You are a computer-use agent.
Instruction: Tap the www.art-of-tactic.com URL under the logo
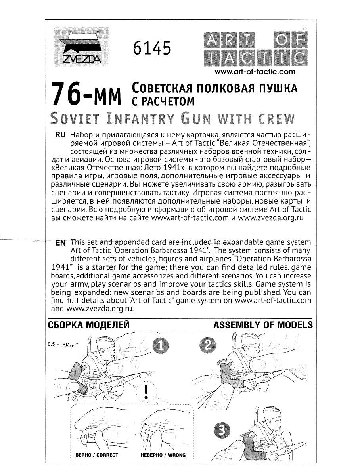pos(255,72)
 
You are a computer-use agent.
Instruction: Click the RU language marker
pos(60,135)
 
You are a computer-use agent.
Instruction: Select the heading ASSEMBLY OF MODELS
pos(262,325)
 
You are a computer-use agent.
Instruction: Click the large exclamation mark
pos(146,391)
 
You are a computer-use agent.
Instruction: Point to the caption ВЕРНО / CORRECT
pos(97,455)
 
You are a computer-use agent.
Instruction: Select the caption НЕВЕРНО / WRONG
pos(163,455)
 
